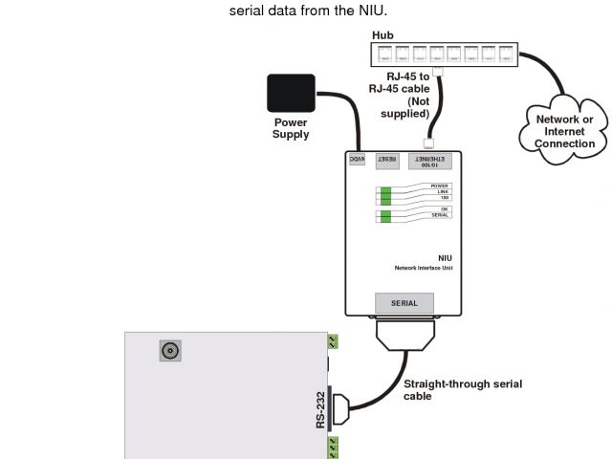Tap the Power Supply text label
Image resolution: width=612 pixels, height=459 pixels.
291,128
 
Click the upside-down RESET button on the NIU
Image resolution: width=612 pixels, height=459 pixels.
386,160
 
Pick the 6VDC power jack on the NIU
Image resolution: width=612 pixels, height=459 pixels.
357,159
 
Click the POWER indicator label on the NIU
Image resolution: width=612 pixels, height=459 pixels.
439,186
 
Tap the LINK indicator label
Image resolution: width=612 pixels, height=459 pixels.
441,191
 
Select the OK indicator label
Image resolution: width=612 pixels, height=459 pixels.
444,208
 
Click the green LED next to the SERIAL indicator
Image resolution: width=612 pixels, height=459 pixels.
385,218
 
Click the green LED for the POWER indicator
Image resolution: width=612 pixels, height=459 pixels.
385,188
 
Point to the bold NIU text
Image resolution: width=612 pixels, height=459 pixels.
445,257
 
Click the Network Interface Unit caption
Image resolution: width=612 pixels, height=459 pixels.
424,269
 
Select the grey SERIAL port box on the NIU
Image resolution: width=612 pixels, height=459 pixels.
404,303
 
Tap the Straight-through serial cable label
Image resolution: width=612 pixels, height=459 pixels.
462,389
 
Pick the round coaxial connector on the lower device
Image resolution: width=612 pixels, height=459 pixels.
171,351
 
